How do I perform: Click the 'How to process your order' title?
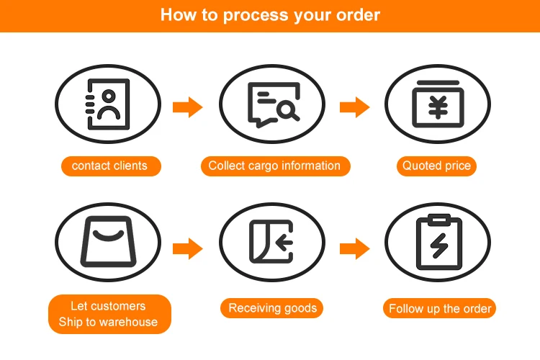[x=270, y=15]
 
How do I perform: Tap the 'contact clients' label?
[x=109, y=166]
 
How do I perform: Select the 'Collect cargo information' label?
[x=274, y=166]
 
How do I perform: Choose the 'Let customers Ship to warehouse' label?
[x=109, y=314]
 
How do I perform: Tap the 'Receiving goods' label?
[x=272, y=308]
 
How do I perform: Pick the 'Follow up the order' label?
[x=440, y=309]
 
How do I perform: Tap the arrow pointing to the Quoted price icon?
[x=354, y=108]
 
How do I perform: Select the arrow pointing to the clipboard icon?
[x=354, y=249]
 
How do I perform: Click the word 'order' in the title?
[x=357, y=15]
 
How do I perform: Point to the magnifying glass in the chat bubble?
[x=287, y=111]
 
